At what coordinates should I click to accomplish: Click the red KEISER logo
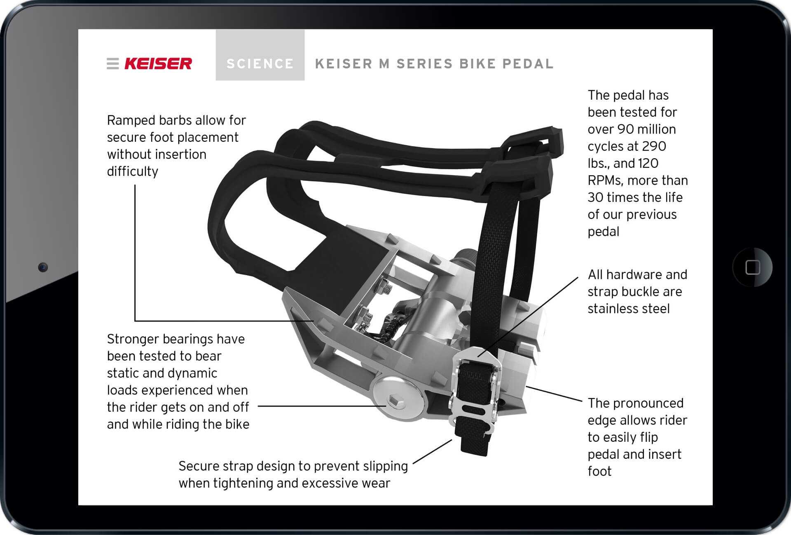pos(158,63)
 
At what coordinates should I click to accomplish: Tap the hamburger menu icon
pos(112,63)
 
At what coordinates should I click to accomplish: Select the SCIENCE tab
pos(260,55)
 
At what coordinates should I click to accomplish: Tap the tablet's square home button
pos(753,267)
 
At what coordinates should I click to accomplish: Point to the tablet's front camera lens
pos(43,267)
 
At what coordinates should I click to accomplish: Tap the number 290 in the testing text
pos(654,146)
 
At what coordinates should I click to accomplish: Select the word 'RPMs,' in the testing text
pos(605,181)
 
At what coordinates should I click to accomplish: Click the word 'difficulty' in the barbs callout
pos(133,171)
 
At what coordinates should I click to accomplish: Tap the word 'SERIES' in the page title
pos(424,64)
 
